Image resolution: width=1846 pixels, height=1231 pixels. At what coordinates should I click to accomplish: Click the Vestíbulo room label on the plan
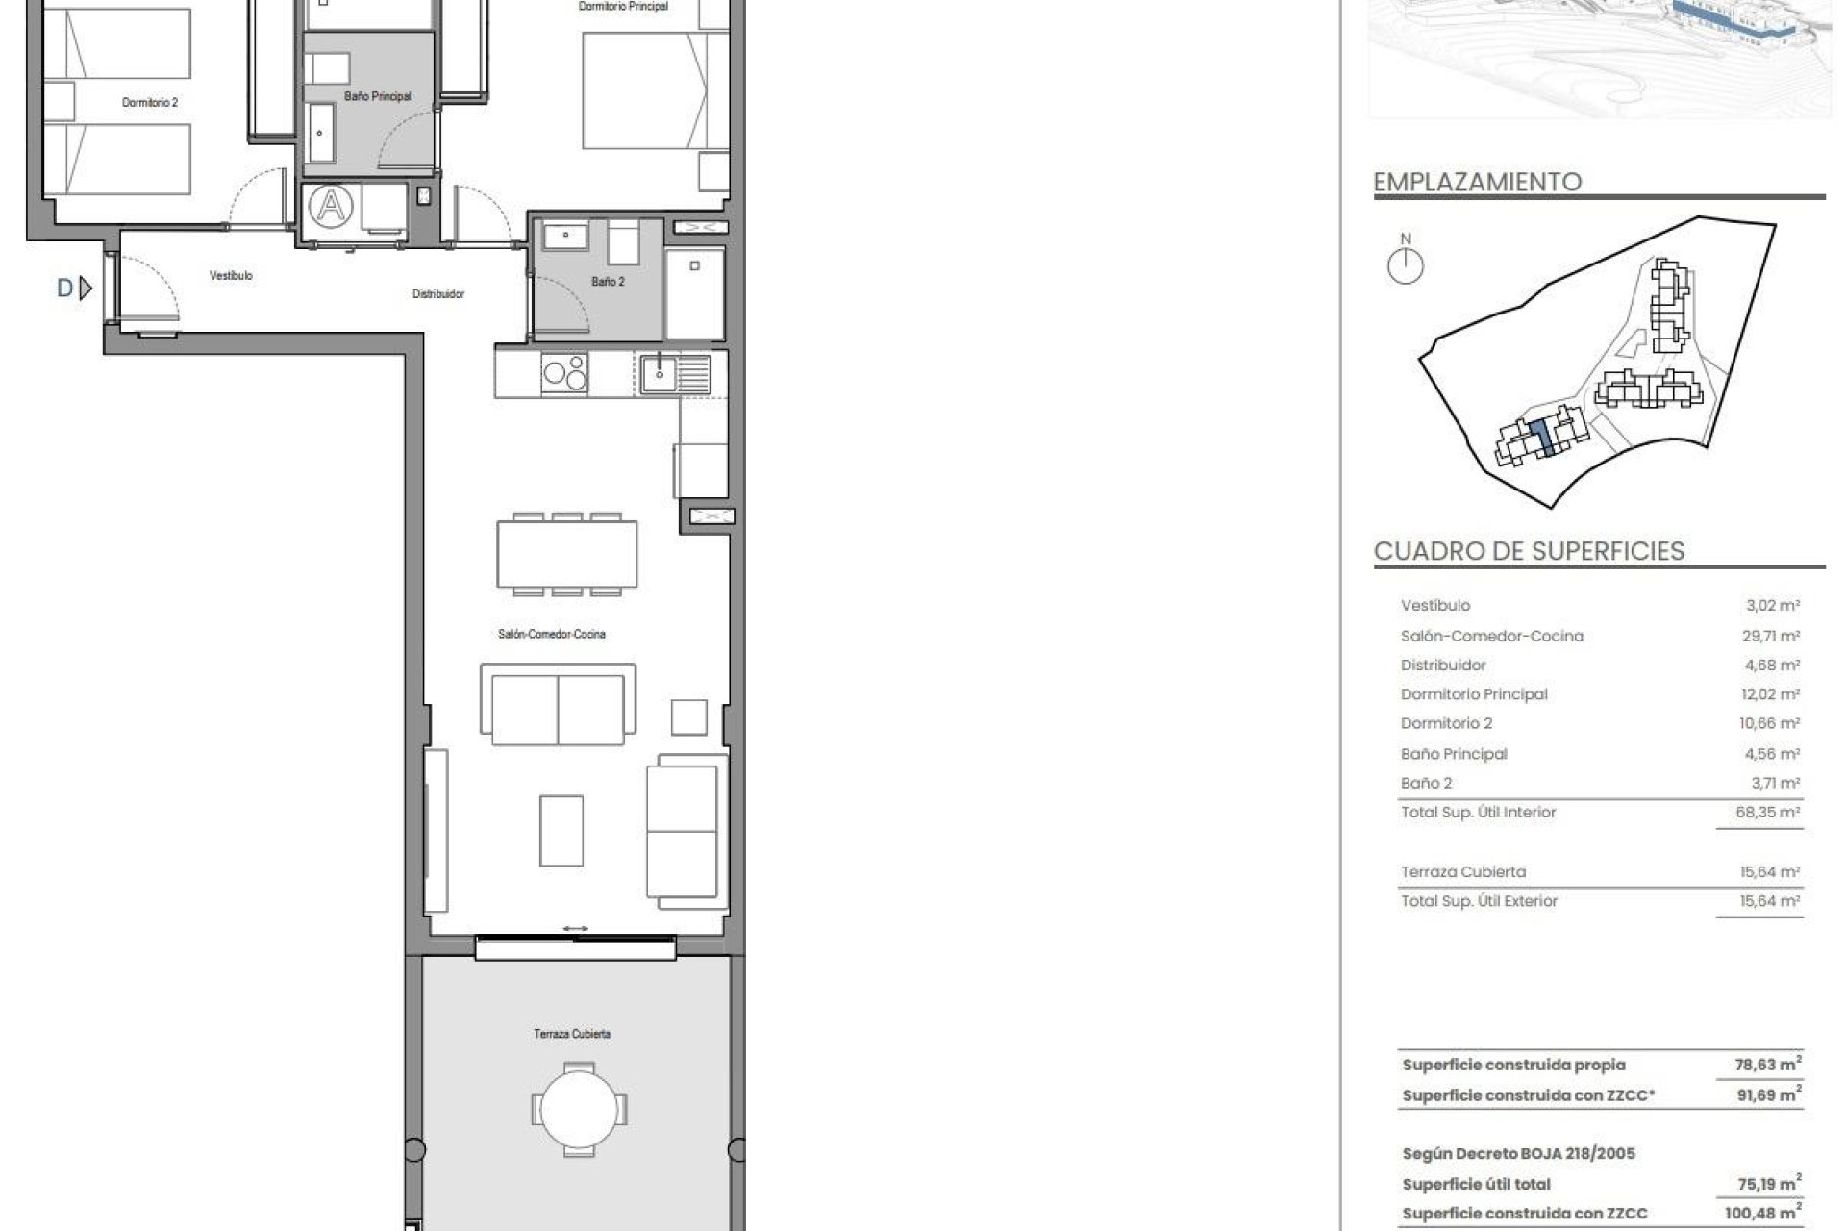(x=231, y=276)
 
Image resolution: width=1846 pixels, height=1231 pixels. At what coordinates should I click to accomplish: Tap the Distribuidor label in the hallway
(x=438, y=294)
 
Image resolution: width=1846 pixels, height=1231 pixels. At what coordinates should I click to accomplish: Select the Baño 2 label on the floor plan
(x=608, y=282)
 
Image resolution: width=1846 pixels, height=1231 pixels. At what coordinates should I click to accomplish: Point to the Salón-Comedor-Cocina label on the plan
(x=552, y=635)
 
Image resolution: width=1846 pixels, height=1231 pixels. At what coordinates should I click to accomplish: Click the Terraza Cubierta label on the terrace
(x=572, y=1034)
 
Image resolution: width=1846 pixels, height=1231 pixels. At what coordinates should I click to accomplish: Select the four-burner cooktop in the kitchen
(x=564, y=372)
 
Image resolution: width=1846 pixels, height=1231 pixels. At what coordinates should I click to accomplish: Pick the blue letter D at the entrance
(x=65, y=288)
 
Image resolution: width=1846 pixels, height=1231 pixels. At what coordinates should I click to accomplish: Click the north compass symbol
(x=1406, y=265)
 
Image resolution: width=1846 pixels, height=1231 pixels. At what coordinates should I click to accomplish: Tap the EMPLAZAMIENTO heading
(x=1477, y=182)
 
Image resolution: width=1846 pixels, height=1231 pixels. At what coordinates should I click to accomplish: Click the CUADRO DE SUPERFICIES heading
(x=1529, y=551)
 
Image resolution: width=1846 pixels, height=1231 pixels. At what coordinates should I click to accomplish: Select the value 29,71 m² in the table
(x=1773, y=636)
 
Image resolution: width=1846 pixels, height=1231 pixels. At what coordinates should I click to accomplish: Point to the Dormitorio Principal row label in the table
(x=1474, y=694)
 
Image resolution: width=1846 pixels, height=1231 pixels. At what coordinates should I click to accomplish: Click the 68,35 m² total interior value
(x=1767, y=813)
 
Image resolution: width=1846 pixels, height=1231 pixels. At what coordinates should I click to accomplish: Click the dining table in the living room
(x=567, y=554)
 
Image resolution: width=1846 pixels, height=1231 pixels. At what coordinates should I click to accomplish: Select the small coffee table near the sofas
(x=561, y=830)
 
